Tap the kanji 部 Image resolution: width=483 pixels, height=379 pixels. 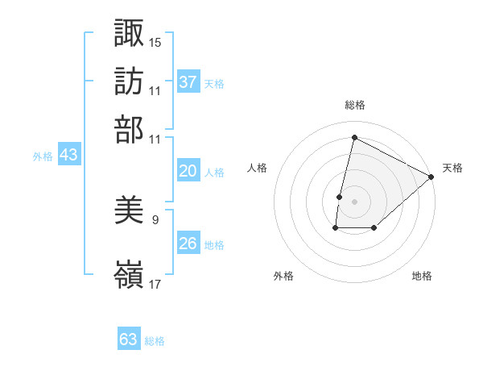click(x=129, y=129)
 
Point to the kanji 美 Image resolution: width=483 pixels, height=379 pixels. click(x=129, y=211)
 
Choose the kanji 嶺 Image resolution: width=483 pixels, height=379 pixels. click(x=129, y=274)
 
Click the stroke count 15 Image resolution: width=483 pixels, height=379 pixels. click(x=155, y=41)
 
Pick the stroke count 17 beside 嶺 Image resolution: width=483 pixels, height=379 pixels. click(x=155, y=284)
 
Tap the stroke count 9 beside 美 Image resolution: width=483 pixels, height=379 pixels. click(x=155, y=219)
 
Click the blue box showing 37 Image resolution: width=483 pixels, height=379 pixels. click(x=188, y=81)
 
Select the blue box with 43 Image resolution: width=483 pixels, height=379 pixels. click(x=68, y=155)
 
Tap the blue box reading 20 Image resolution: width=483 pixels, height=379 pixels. click(x=188, y=171)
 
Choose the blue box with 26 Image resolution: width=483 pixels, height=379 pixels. click(x=188, y=244)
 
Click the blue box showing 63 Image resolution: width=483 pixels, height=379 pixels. click(x=129, y=339)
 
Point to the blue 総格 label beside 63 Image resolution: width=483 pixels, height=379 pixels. click(x=155, y=341)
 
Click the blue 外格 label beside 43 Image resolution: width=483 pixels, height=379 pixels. click(x=43, y=156)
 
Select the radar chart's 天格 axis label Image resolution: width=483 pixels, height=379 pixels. click(x=452, y=168)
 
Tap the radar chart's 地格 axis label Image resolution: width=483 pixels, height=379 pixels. click(x=422, y=276)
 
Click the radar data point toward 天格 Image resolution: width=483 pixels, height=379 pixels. click(x=431, y=177)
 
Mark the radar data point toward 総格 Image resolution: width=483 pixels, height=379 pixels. click(x=354, y=138)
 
